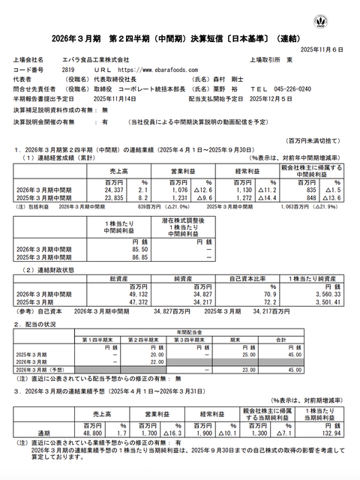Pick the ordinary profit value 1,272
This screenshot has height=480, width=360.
[239, 199]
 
